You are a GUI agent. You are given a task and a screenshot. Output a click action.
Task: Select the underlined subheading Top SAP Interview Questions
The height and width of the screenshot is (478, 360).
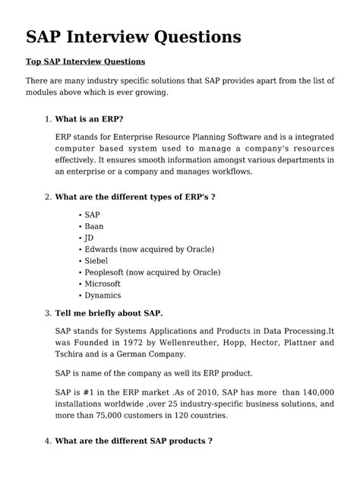[85, 61]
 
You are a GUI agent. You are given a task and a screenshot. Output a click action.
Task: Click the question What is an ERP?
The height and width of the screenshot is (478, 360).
[90, 119]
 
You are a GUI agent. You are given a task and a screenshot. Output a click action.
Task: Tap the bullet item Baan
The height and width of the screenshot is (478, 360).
[93, 226]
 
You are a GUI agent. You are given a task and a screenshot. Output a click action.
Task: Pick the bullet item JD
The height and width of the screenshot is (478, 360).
[89, 237]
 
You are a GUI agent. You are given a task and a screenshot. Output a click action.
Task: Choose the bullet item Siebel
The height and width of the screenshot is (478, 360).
[96, 260]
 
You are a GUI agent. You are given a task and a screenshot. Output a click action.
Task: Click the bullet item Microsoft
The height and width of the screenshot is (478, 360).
[103, 283]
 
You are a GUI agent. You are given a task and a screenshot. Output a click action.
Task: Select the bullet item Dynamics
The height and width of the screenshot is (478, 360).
[103, 295]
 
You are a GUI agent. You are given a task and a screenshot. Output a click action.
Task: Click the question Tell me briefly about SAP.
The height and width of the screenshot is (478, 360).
[109, 313]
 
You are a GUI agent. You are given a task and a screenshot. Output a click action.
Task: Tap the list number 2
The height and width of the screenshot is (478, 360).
[47, 197]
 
